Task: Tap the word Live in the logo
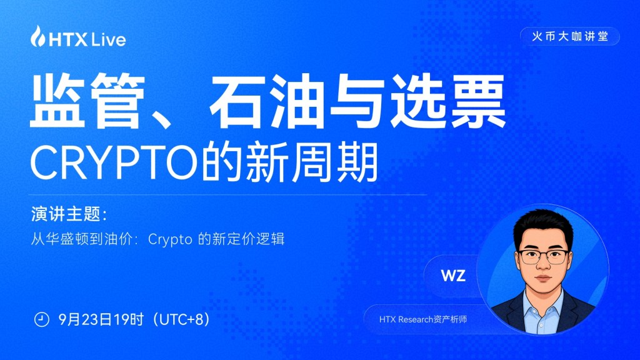pyautogui.click(x=108, y=39)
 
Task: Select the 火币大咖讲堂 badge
pyautogui.click(x=570, y=36)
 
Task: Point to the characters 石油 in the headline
pyautogui.click(x=266, y=101)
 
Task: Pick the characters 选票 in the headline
pyautogui.click(x=447, y=101)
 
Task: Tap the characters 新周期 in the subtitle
pyautogui.click(x=311, y=162)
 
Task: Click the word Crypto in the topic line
pyautogui.click(x=170, y=239)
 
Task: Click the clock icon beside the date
pyautogui.click(x=41, y=319)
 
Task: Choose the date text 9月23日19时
pyautogui.click(x=101, y=319)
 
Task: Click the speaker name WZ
pyautogui.click(x=453, y=276)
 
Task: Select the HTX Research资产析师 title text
pyautogui.click(x=423, y=319)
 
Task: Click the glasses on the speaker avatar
pyautogui.click(x=544, y=257)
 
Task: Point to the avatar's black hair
pyautogui.click(x=543, y=227)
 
